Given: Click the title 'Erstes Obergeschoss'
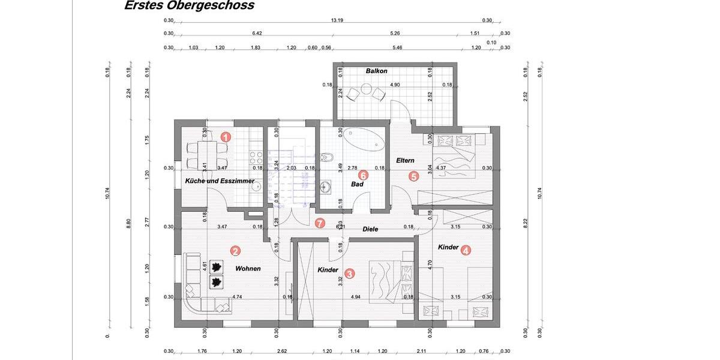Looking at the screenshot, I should [189, 6].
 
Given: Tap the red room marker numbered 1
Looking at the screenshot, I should [226, 137].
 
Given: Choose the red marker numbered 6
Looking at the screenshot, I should [320, 223].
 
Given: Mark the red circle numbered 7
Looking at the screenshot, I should [320, 223].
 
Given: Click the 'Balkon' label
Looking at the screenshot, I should [376, 71].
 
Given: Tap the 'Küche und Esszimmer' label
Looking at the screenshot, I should [220, 181].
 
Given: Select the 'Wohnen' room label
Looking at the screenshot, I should [248, 269].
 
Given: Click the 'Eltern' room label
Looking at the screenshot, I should [405, 160].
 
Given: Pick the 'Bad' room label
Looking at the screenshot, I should [358, 185].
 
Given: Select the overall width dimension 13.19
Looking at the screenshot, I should [337, 20].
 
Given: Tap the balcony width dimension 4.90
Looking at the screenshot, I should [395, 85].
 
